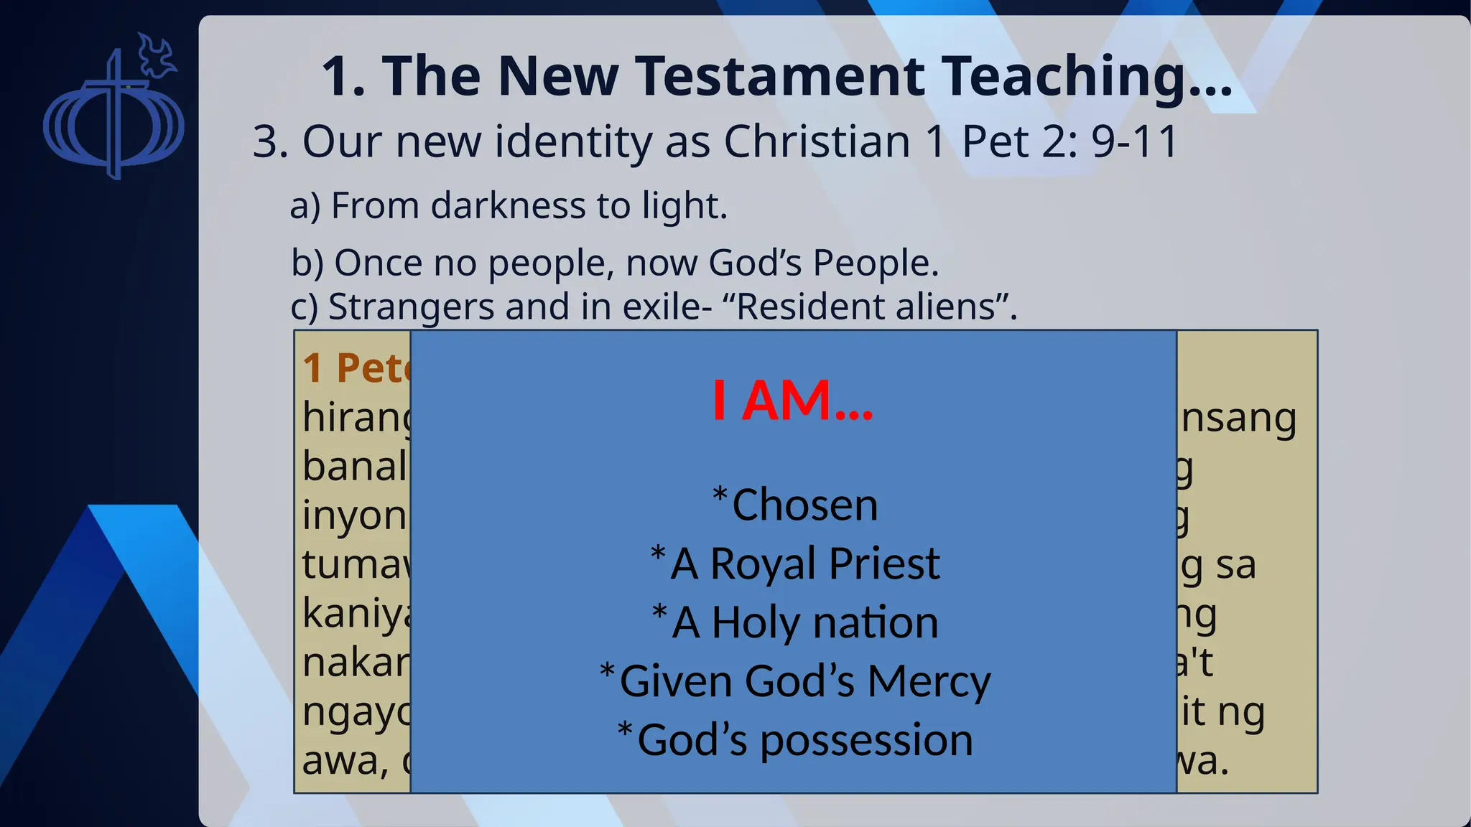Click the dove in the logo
[157, 56]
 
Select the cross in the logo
[113, 115]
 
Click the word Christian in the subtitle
[817, 141]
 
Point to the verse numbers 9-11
[1135, 141]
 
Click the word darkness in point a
[508, 206]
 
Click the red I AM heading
[792, 400]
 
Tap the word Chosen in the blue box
[804, 505]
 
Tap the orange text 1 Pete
[356, 368]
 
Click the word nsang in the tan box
[1238, 419]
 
